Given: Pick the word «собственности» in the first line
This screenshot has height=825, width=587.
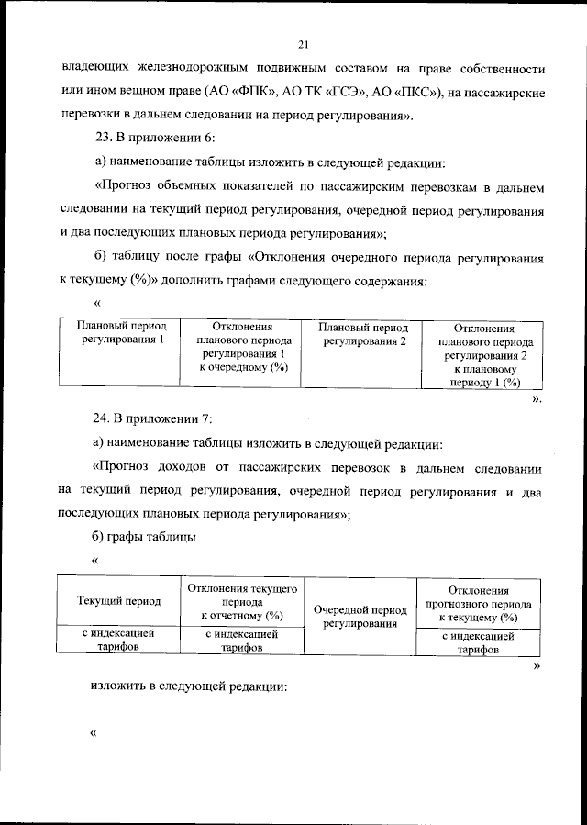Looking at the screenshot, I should [498, 69].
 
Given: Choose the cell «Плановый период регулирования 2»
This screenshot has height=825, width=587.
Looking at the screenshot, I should [359, 333].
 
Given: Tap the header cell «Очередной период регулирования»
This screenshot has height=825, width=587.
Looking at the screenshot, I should [359, 616].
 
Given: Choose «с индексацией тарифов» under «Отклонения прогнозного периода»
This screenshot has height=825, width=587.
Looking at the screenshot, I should [478, 641].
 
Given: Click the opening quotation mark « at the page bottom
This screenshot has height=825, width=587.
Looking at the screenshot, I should [94, 733].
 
